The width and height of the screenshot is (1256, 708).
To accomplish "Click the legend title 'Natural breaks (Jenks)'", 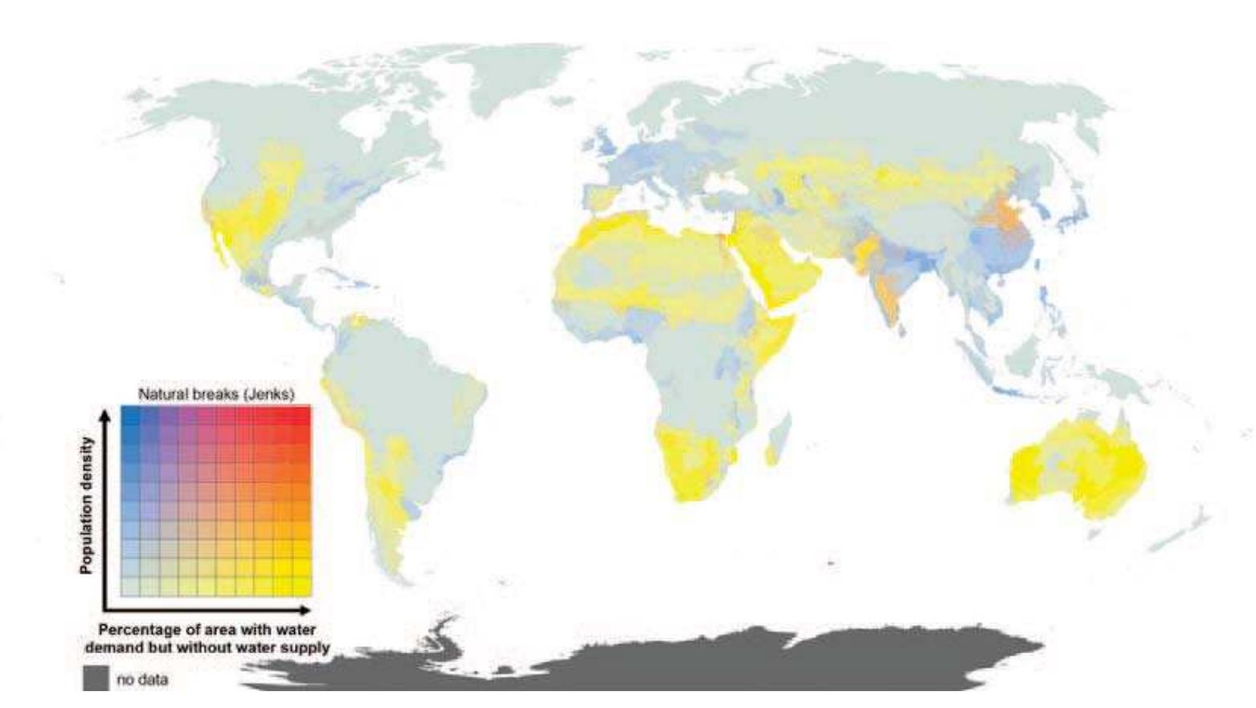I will click(216, 395).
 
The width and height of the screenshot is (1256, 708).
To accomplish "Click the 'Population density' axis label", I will click(87, 505).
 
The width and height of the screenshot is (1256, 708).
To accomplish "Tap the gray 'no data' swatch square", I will click(96, 678).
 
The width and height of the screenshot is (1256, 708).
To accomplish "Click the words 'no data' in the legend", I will click(142, 680).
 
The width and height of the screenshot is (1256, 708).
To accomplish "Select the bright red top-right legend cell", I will click(301, 415).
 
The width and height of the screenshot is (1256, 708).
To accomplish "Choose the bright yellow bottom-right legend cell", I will click(301, 587).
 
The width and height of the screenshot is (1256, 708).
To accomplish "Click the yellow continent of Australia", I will click(1077, 466).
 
